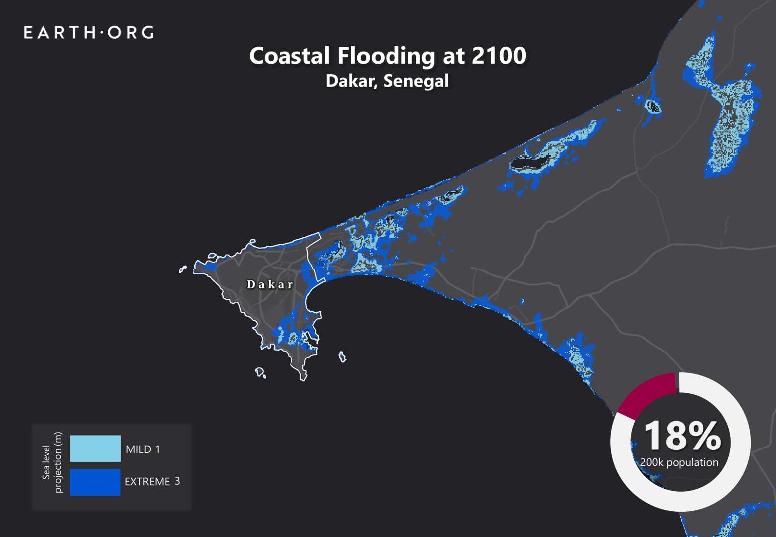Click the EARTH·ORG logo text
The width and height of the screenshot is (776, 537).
pos(89,33)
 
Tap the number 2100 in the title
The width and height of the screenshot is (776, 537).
pos(498,56)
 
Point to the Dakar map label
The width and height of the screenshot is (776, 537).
pos(270,285)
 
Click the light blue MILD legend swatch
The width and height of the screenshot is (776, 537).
pos(95,448)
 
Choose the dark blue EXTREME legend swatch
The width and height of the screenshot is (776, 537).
pos(95,482)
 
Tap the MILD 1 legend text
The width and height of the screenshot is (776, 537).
pos(143,449)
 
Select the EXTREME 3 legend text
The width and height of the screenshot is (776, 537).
pos(152,481)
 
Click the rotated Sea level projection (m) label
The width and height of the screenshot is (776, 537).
pos(52,462)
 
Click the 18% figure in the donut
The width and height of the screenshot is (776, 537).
pos(682,436)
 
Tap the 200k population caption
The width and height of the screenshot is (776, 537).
pos(679,462)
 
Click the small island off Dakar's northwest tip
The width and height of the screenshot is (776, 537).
pos(183,269)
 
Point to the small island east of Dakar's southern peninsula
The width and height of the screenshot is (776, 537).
pos(342,357)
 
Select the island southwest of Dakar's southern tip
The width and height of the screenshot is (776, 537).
pos(260,372)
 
